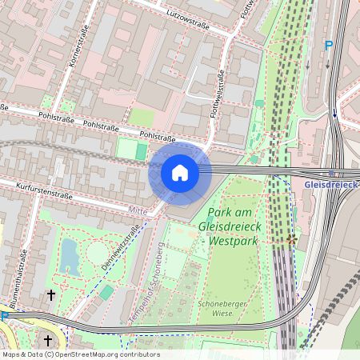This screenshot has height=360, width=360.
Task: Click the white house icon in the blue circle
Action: pos(180,173)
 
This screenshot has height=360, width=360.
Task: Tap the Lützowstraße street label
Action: pos(187,19)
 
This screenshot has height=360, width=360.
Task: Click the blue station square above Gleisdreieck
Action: pos(331,172)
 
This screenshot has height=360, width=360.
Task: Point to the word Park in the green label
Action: pos(222,214)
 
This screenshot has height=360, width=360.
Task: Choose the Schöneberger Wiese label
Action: pos(219,308)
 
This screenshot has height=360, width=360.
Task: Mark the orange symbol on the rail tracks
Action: pos(290,238)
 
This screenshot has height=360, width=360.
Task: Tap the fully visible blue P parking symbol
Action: pos(328,46)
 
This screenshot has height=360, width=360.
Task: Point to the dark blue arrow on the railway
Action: pos(334,114)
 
